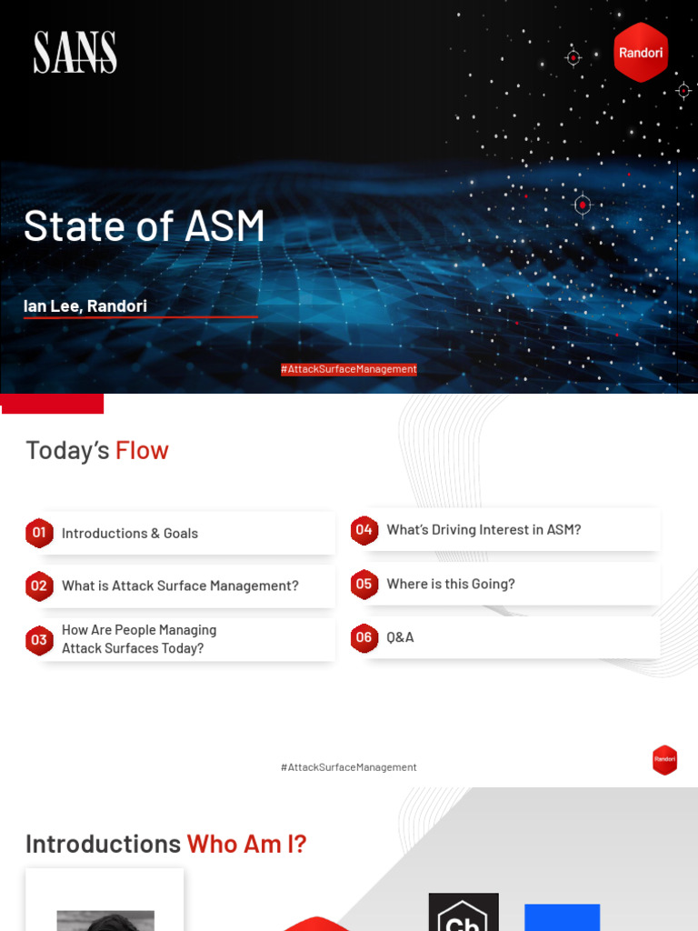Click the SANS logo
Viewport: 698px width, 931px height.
pos(75,53)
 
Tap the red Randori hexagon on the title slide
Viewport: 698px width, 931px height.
pos(641,53)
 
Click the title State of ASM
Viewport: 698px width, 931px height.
pos(145,226)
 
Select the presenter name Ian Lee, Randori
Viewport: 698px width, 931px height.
pos(85,306)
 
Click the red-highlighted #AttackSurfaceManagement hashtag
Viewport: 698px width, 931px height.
pos(349,369)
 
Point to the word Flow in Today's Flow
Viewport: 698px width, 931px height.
pos(142,450)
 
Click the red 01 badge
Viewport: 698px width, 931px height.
pos(39,533)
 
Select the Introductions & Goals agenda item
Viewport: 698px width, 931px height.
pos(130,534)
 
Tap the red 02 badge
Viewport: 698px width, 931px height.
pos(39,586)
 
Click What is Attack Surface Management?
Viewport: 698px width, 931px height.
pos(180,586)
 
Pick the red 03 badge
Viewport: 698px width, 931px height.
pos(39,640)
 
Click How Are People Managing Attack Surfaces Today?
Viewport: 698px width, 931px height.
pos(139,639)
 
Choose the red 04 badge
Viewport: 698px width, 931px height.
pos(364,530)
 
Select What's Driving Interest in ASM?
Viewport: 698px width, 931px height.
pos(484,530)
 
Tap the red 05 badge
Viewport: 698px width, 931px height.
pos(364,585)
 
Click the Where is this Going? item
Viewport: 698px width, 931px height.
pos(451,585)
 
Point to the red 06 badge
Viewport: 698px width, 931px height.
pos(364,637)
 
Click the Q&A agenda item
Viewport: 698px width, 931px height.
pos(400,637)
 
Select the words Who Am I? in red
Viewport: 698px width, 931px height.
pos(246,844)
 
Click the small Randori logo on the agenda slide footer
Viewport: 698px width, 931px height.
pos(664,759)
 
